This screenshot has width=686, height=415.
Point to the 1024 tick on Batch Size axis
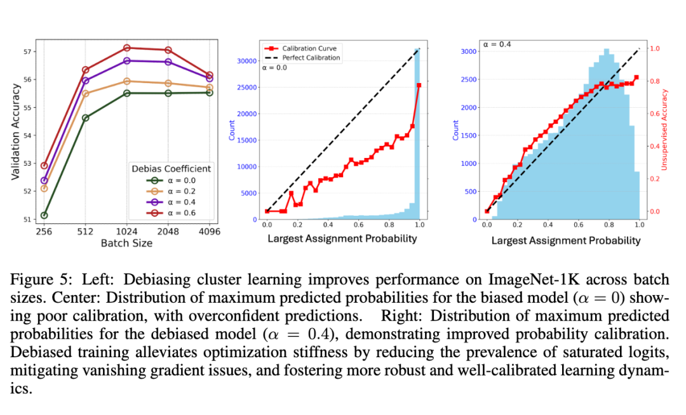[x=127, y=232]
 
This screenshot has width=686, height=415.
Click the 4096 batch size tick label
[x=210, y=232]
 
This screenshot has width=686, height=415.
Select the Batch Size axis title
[x=126, y=242]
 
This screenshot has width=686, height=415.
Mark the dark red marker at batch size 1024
[x=127, y=48]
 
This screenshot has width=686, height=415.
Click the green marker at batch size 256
[x=44, y=215]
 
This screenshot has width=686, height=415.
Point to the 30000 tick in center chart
[x=248, y=61]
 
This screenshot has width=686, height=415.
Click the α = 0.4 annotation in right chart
[x=496, y=44]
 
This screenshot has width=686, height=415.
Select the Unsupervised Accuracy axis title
[x=665, y=130]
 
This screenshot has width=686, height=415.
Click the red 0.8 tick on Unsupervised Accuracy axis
[x=654, y=81]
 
